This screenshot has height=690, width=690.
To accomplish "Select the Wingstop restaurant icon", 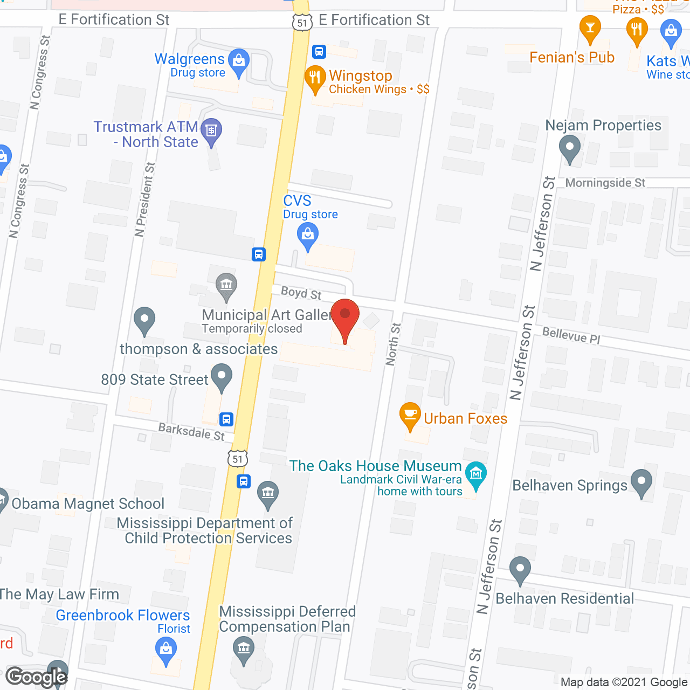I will point(315,79).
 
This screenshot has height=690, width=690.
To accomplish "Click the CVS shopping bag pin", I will point(308,236).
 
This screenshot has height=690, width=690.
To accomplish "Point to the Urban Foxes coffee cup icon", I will point(410,416).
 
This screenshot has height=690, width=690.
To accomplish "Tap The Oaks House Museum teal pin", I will point(476,474).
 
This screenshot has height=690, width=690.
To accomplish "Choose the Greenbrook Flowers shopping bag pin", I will point(166,650).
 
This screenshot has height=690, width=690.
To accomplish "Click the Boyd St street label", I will point(301,293).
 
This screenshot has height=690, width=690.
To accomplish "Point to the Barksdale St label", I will point(191,431).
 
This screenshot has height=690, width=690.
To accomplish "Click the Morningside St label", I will point(605,183).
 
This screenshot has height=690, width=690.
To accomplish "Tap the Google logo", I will point(37,677).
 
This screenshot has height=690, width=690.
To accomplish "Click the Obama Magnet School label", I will point(88,503).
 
